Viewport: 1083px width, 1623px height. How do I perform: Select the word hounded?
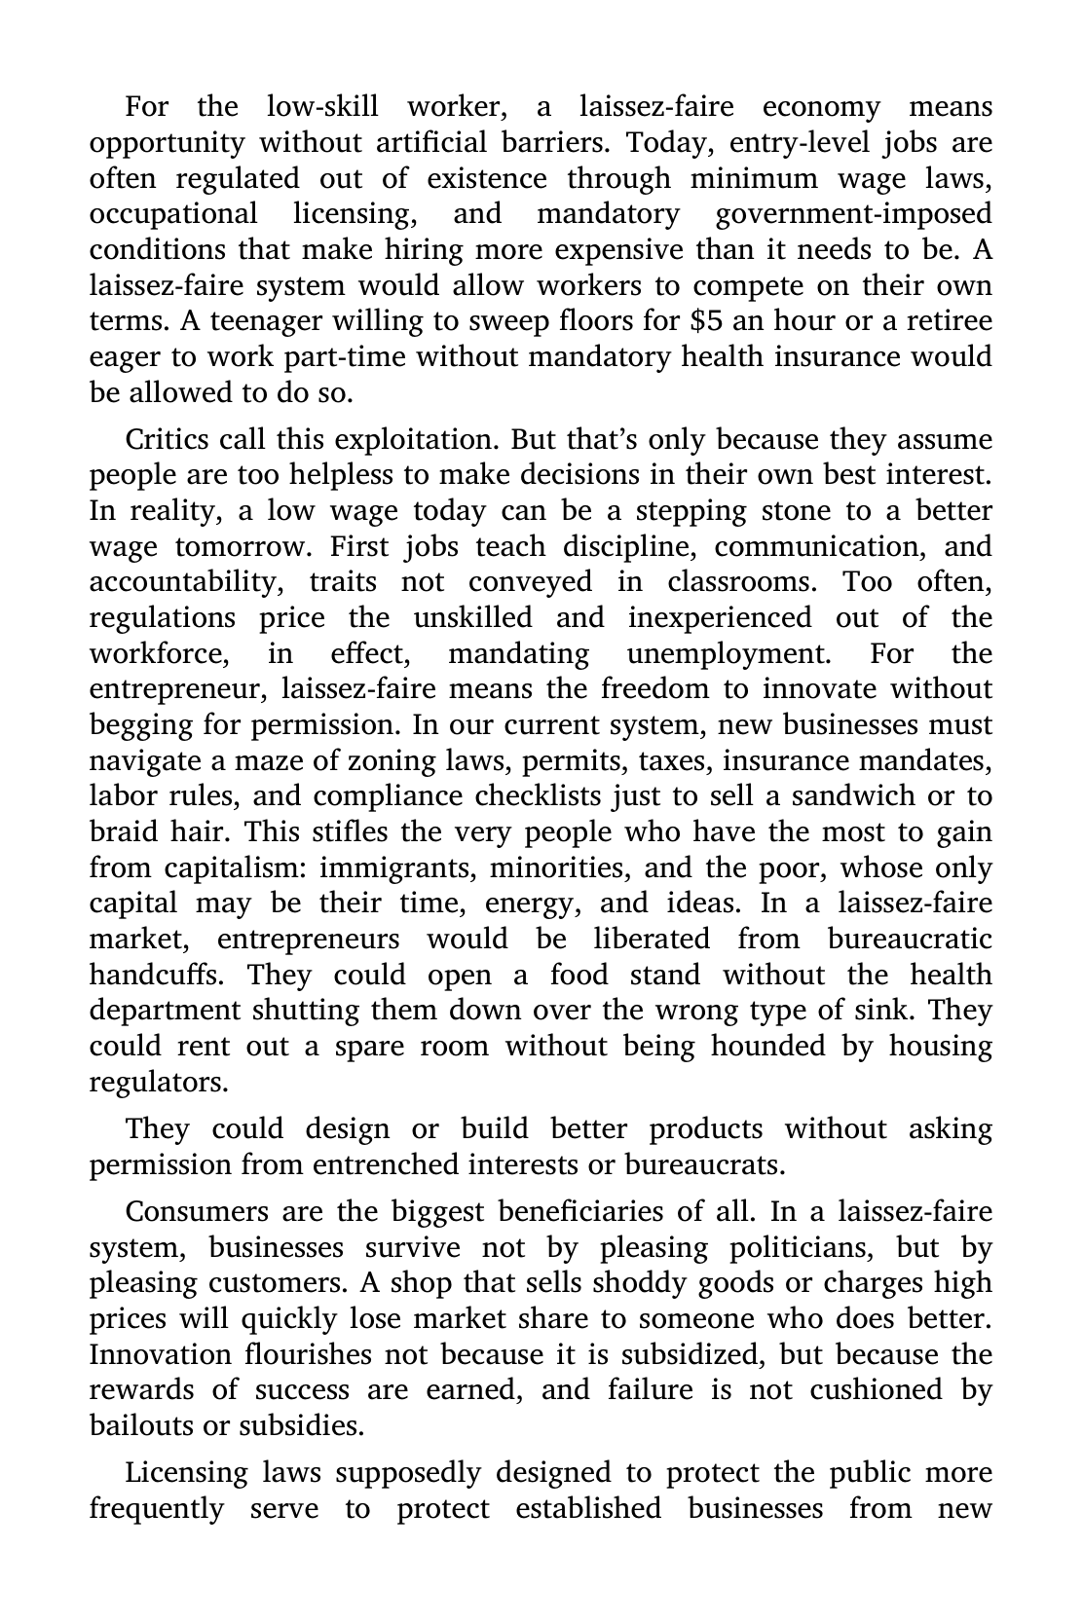tap(763, 1047)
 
